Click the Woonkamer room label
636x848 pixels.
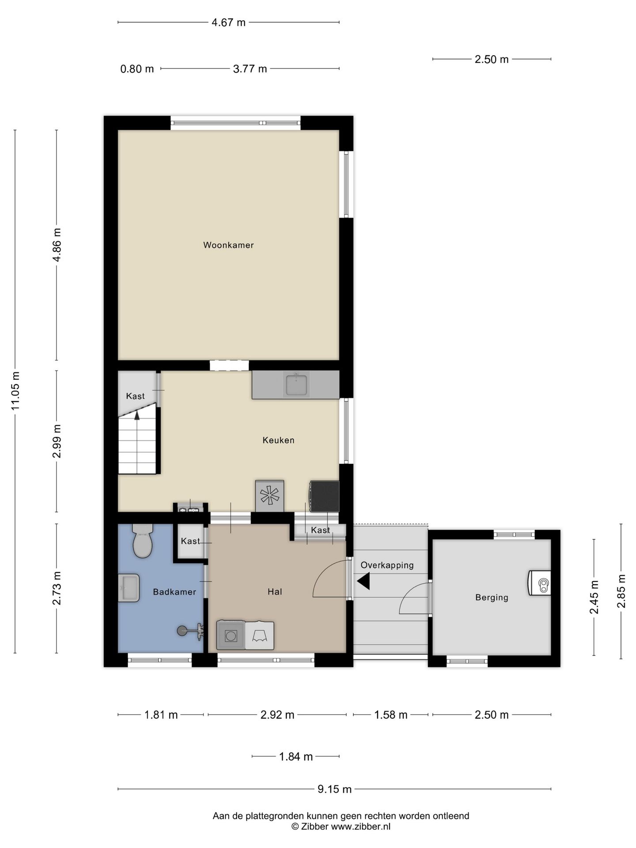[228, 245]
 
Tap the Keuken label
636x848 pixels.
[278, 440]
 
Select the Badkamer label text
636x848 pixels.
[174, 592]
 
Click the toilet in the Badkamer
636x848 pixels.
[143, 541]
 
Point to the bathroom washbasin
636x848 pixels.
[129, 588]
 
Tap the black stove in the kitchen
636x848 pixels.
[325, 496]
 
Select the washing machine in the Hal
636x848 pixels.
[231, 635]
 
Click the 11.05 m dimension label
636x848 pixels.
[16, 391]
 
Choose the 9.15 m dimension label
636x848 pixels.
[334, 789]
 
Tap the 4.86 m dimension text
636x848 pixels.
[57, 245]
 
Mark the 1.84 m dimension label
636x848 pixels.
[295, 757]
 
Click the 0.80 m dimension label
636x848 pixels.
[137, 69]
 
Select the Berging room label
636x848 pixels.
[492, 598]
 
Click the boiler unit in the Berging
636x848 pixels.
[540, 583]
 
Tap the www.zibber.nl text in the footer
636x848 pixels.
[360, 827]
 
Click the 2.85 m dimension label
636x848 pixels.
[621, 591]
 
